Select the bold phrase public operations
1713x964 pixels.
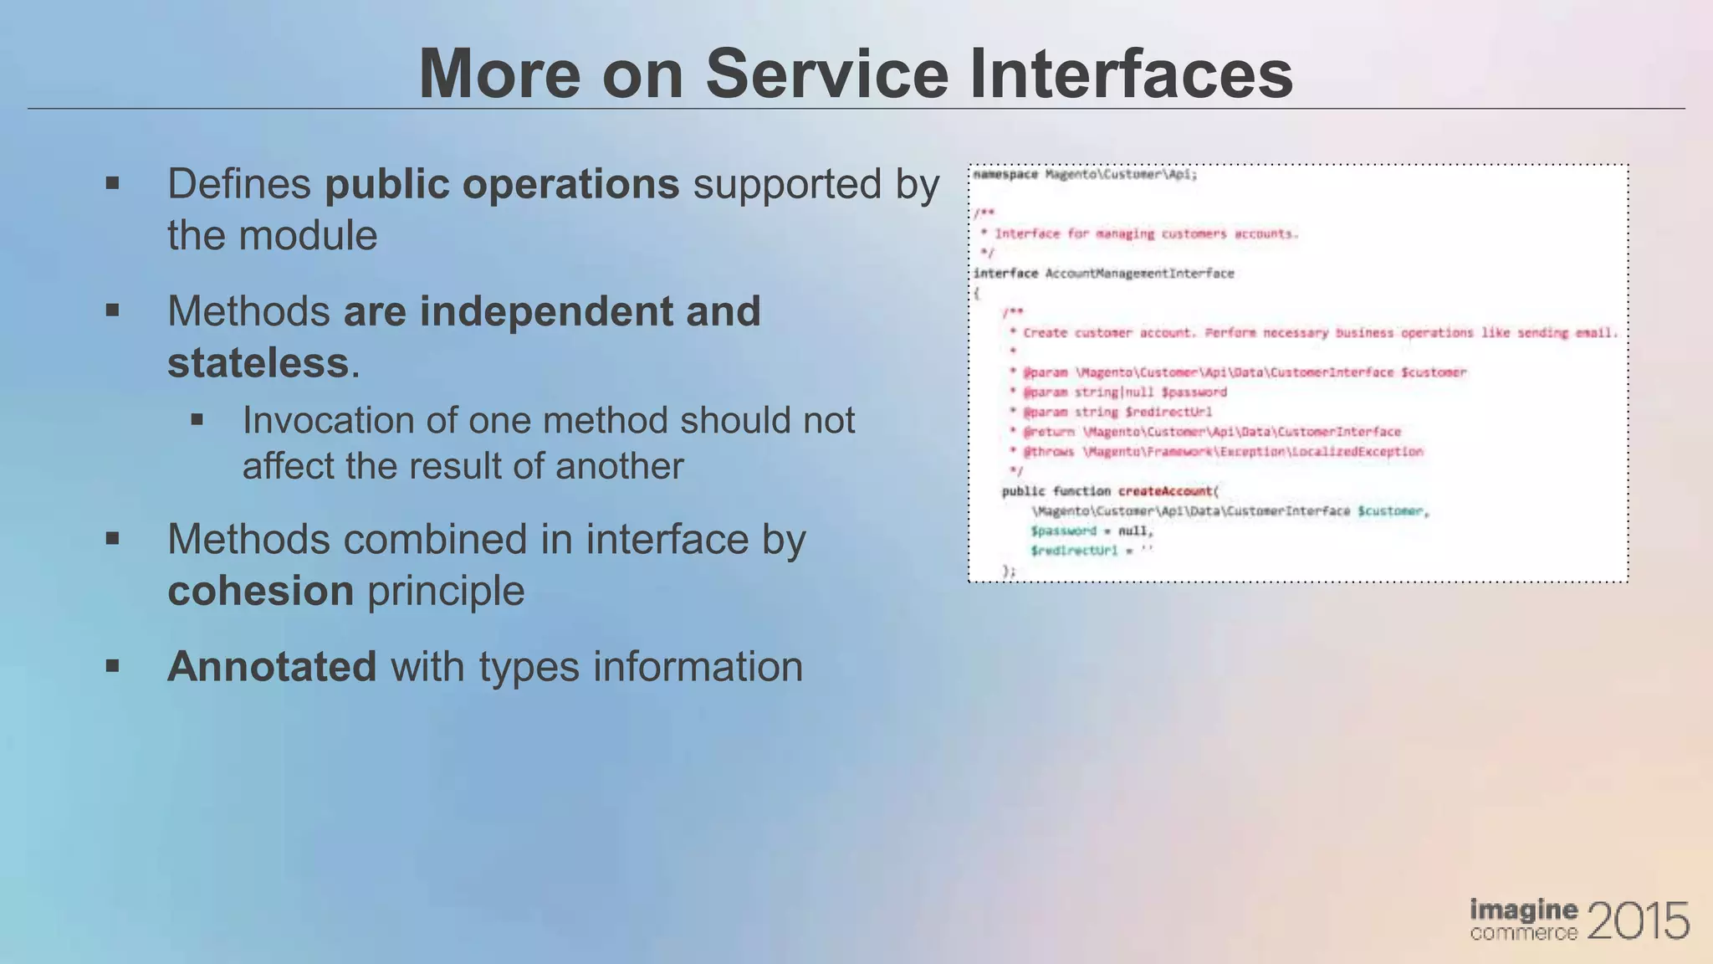[502, 184]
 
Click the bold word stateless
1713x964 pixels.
[258, 363]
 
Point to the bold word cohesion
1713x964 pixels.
[260, 591]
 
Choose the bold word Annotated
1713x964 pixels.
[272, 667]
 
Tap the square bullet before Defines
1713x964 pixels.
[113, 183]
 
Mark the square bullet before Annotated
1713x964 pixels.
[113, 666]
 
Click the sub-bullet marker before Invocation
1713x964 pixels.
[197, 419]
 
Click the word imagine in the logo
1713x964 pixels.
[1524, 910]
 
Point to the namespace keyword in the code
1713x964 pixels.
[1005, 175]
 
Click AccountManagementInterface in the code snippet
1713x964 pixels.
[1139, 274]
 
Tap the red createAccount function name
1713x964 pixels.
[1165, 491]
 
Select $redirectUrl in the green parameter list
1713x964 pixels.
[1074, 551]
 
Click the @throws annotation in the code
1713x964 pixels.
[1050, 452]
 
